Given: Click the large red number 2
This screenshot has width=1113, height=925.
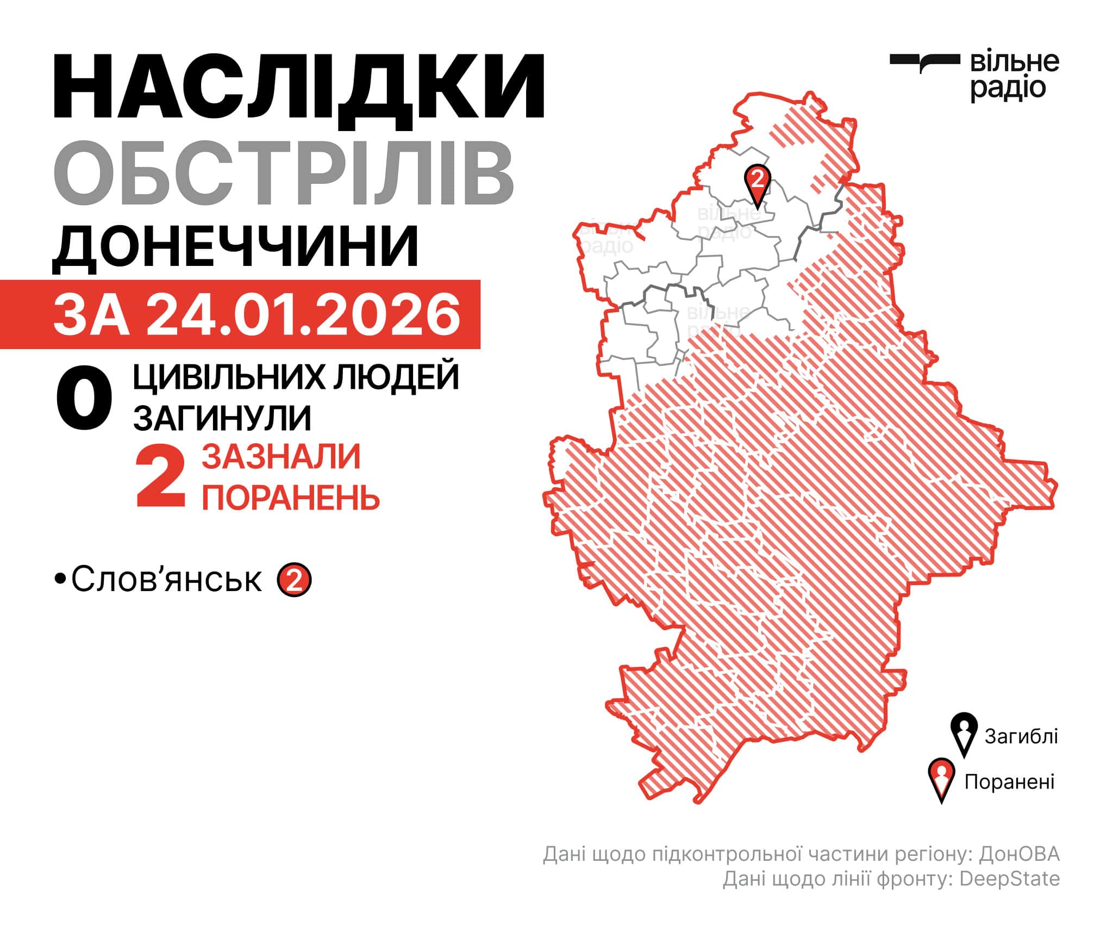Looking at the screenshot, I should pyautogui.click(x=161, y=476).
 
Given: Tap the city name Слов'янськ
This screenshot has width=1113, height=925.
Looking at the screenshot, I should pyautogui.click(x=166, y=580).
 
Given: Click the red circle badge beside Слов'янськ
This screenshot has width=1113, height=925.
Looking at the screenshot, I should pyautogui.click(x=294, y=580).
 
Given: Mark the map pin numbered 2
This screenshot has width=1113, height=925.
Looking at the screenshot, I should pyautogui.click(x=758, y=182).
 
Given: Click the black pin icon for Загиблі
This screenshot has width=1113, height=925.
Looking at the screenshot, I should pyautogui.click(x=964, y=734).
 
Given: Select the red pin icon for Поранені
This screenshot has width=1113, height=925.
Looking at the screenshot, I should pyautogui.click(x=942, y=780).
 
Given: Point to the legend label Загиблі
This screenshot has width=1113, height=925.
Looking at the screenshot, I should pyautogui.click(x=1021, y=736).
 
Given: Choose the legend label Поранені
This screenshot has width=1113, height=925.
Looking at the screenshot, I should pyautogui.click(x=1009, y=782).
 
